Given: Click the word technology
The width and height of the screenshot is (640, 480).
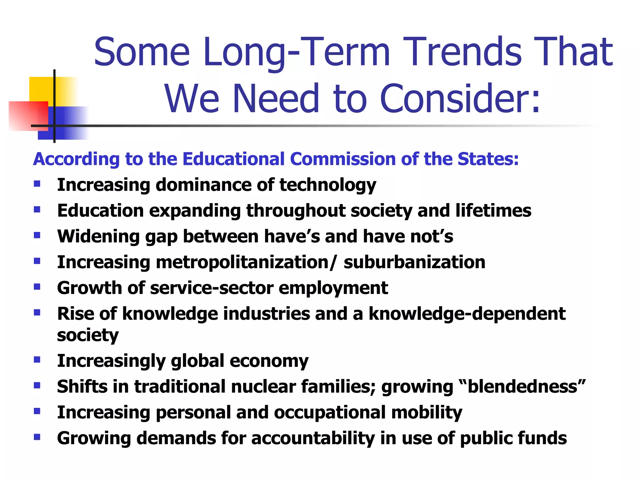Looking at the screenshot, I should click(x=328, y=185).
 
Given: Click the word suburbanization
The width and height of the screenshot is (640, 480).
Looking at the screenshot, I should click(x=414, y=262).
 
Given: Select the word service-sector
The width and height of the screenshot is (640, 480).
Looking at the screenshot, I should click(x=212, y=288).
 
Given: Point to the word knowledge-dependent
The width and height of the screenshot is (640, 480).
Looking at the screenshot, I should click(x=467, y=314).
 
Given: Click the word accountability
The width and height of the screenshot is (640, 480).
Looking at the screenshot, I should click(x=313, y=438).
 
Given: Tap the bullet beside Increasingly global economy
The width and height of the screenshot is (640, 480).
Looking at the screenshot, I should click(x=37, y=360).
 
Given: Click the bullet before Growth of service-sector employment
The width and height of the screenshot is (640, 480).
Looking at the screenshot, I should click(x=37, y=287).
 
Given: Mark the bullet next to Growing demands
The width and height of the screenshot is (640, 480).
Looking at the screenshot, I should click(x=37, y=437).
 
